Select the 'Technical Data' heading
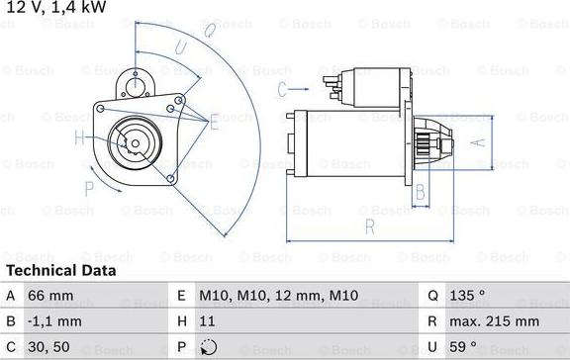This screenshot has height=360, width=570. click(60, 270)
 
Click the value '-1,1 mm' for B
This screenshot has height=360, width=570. click(55, 321)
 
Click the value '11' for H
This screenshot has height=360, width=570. click(207, 321)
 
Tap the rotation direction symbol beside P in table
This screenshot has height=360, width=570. click(207, 347)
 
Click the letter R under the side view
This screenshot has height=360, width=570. click(368, 227)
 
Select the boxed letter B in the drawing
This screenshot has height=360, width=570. click(420, 190)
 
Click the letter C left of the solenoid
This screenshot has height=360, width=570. click(282, 89)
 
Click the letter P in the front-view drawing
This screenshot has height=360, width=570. click(89, 187)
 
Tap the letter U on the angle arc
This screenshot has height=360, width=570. click(180, 46)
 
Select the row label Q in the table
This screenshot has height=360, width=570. click(433, 296)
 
